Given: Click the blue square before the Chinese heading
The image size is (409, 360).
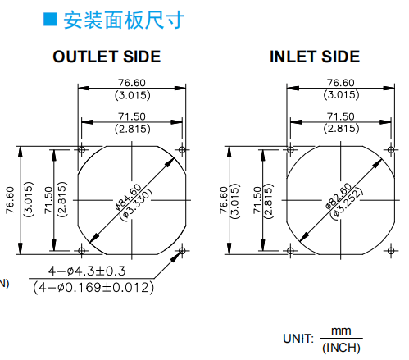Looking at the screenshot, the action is [x=50, y=19].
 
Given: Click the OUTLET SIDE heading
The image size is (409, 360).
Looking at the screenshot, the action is [x=107, y=57].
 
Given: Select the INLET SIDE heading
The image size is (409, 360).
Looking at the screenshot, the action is [x=315, y=57].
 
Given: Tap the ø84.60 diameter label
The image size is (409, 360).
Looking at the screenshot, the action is [x=128, y=197].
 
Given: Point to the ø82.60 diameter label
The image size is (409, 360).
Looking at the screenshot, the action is [x=339, y=196].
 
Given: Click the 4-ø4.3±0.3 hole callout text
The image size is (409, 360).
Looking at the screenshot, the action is [x=87, y=271].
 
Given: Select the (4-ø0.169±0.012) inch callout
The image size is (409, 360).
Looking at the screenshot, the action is [x=93, y=287].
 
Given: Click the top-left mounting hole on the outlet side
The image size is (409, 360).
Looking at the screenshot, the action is [x=81, y=149].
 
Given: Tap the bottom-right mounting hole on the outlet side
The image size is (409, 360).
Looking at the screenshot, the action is [x=182, y=250].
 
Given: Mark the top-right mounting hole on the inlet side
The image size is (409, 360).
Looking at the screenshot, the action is [x=391, y=149].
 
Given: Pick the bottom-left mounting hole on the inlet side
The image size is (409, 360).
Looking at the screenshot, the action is [x=290, y=250].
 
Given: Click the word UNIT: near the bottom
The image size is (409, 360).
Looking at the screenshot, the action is [x=298, y=339].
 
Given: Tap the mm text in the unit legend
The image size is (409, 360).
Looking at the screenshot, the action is [x=341, y=330].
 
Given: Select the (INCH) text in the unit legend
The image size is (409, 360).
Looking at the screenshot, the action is [x=341, y=348].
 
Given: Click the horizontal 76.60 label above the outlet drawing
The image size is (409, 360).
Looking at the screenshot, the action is [x=132, y=83].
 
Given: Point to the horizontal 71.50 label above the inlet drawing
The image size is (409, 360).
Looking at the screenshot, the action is [x=341, y=116].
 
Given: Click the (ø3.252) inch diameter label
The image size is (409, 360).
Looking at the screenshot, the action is [x=347, y=203].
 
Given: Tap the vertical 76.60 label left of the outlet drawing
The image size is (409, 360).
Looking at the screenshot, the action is [x=10, y=200].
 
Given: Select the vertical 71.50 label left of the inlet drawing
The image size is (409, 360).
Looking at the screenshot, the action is [x=257, y=200].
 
